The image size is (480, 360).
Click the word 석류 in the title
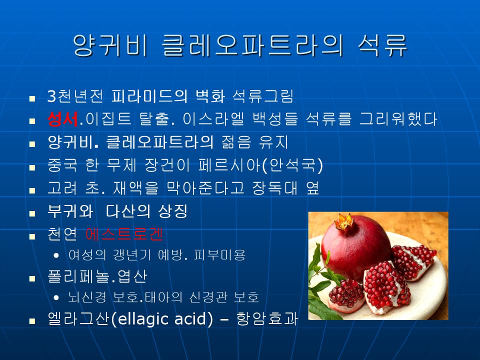382,45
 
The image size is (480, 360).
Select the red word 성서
63,119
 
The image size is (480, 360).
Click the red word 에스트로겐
124,234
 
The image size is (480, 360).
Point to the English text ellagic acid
162,319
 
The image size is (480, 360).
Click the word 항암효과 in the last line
266,318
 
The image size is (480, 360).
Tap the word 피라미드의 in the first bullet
149,96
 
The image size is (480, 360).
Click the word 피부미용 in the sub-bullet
219,254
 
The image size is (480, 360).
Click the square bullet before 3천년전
32,98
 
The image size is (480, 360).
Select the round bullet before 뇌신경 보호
56,297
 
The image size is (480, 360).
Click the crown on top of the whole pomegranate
344,222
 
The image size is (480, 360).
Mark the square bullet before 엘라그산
32,321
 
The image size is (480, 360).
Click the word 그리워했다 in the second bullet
398,119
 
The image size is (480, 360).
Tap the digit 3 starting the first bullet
52,96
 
